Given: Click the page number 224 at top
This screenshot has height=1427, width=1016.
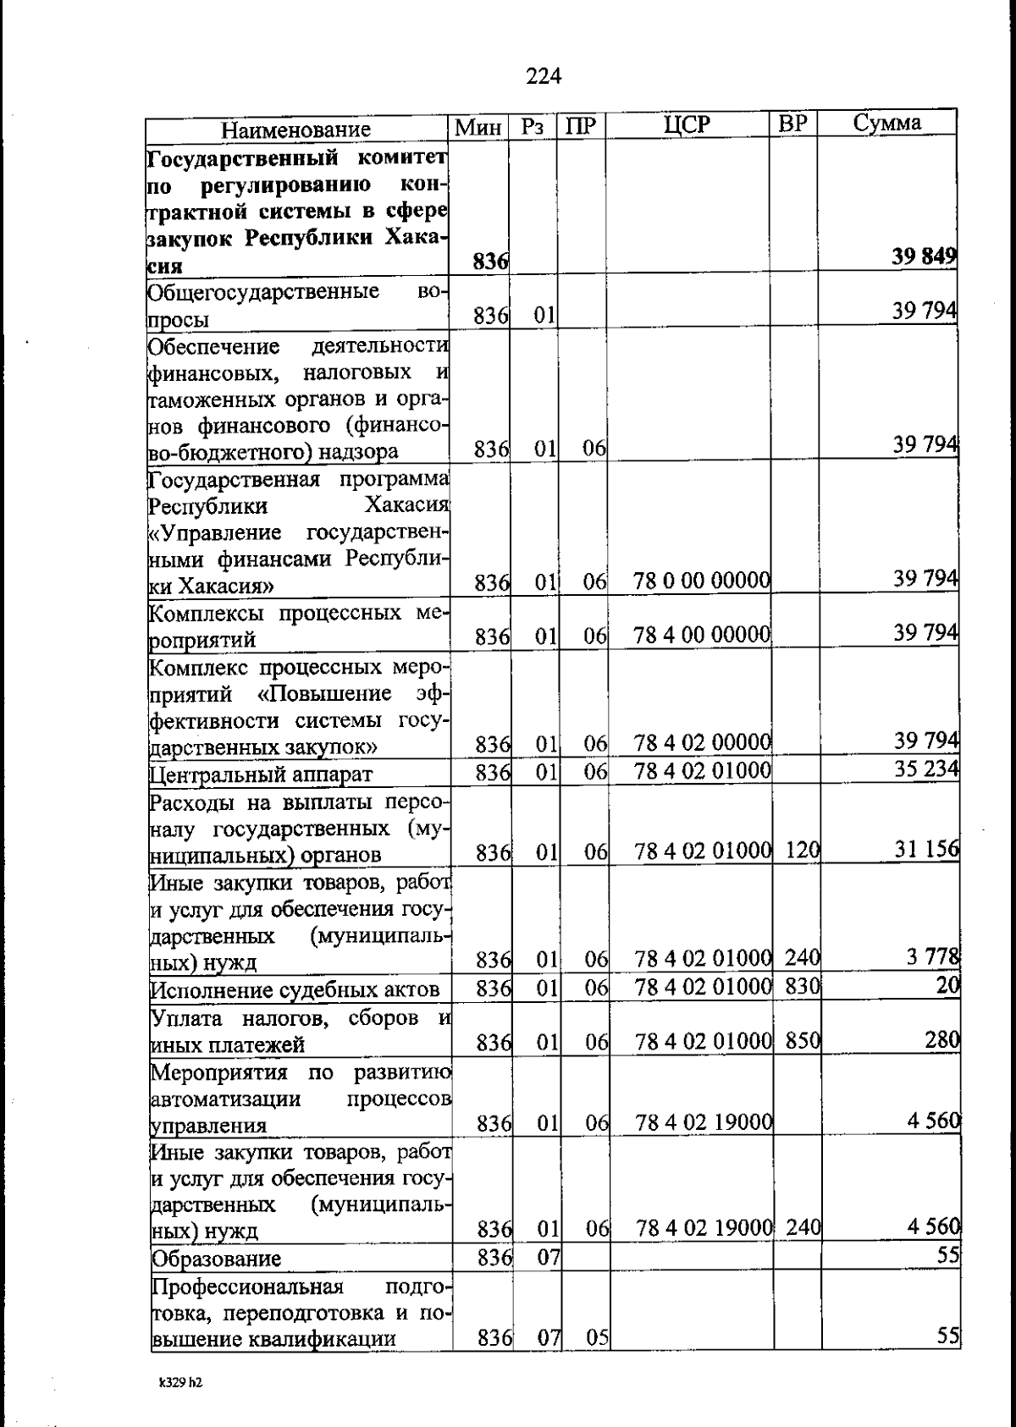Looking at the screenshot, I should (x=544, y=76).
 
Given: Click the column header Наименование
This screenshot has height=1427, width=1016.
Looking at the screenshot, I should (x=296, y=129).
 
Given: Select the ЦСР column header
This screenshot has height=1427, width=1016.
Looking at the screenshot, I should (x=687, y=124).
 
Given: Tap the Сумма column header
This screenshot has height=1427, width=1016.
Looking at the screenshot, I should (x=886, y=123).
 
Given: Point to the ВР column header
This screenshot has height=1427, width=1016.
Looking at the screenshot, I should (x=793, y=124).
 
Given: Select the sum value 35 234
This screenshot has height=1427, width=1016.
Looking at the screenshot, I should (x=927, y=769).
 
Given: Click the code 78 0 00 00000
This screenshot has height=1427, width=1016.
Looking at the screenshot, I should (x=702, y=581).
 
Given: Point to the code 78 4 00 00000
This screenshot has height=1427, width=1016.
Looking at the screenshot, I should (x=702, y=634).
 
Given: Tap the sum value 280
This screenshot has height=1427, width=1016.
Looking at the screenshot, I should (x=941, y=1039).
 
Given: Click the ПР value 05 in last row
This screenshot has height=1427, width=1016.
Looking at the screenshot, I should (x=597, y=1337).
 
